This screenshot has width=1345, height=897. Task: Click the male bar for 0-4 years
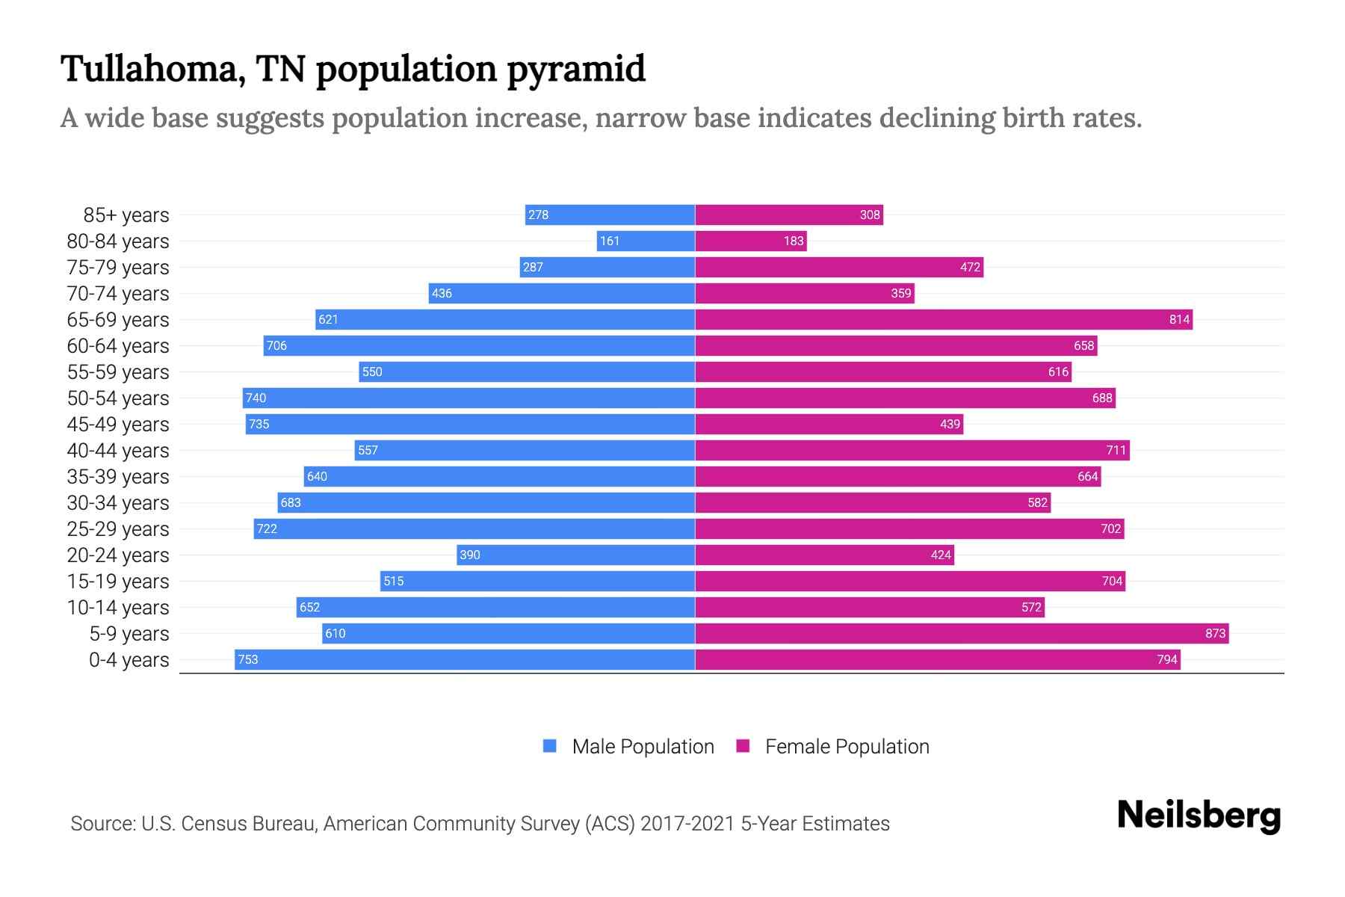tap(465, 659)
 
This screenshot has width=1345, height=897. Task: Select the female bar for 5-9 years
tap(962, 633)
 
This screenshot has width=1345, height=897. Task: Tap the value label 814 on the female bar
tap(1179, 320)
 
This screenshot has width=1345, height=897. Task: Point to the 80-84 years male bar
tap(646, 241)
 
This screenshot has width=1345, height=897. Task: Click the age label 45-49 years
tap(118, 425)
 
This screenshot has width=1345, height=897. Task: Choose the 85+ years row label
tap(126, 215)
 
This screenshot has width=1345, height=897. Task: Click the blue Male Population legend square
tap(550, 746)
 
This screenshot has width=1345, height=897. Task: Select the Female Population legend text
tap(847, 747)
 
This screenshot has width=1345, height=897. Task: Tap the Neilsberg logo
tap(1199, 816)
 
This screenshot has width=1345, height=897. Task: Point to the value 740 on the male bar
tap(256, 398)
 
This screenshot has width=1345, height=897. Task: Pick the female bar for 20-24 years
tap(824, 555)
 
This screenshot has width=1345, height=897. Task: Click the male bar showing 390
tap(575, 555)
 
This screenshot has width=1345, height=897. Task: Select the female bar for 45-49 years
tap(829, 424)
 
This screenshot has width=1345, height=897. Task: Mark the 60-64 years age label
tap(118, 346)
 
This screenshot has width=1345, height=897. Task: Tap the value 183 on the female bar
tap(794, 241)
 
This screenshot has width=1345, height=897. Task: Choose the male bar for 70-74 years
tap(562, 293)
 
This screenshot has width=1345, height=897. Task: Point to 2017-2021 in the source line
tap(687, 824)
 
